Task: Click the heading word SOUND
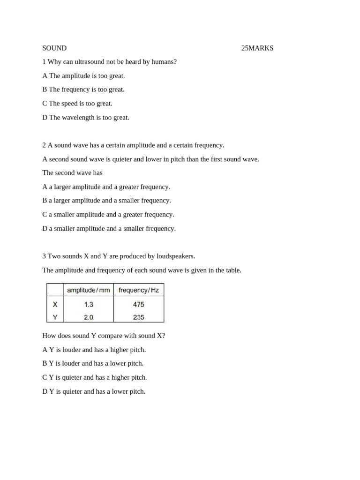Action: (x=54, y=48)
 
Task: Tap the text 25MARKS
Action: (x=257, y=48)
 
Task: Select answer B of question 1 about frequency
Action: (x=83, y=90)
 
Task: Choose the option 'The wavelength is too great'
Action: (x=86, y=117)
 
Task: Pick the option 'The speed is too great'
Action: (x=77, y=104)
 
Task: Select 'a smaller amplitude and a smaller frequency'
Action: (x=109, y=228)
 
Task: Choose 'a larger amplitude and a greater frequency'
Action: (x=106, y=187)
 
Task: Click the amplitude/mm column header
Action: (x=89, y=290)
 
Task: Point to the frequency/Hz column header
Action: (x=139, y=290)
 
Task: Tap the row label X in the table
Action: (x=55, y=304)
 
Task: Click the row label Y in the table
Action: (x=55, y=317)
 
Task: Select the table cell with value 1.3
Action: (x=89, y=304)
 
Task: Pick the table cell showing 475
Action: (x=139, y=304)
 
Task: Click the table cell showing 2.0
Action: (x=89, y=317)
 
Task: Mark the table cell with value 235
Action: (x=139, y=317)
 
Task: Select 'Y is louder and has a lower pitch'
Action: (x=93, y=363)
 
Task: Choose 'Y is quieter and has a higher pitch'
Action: (x=95, y=377)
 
